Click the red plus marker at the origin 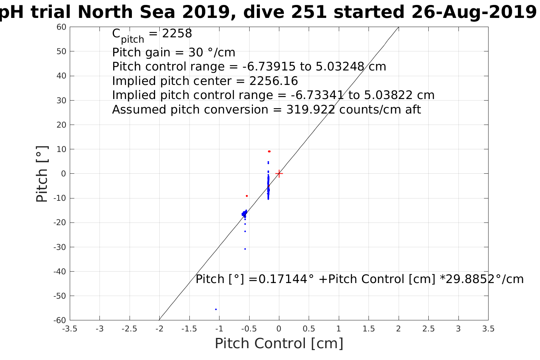[x=279, y=173]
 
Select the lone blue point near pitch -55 [x=216, y=309]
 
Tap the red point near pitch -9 [x=247, y=196]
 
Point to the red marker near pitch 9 [x=269, y=151]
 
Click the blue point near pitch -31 [x=245, y=249]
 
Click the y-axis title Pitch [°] [x=42, y=174]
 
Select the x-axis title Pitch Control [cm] [x=279, y=344]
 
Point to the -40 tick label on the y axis [x=60, y=272]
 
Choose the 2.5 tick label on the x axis [x=428, y=329]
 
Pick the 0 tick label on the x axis [x=279, y=329]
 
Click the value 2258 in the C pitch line [x=177, y=34]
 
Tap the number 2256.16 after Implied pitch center [x=274, y=81]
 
